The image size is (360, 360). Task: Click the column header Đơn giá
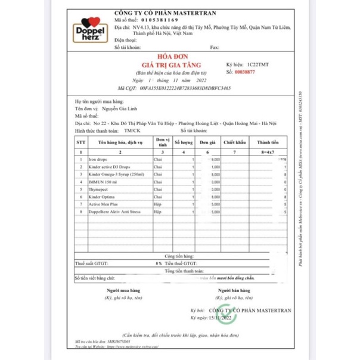[207, 142]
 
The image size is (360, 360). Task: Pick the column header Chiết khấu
[234, 142]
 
